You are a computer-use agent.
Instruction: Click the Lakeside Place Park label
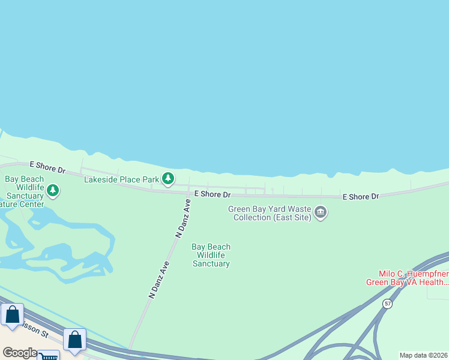[121, 179]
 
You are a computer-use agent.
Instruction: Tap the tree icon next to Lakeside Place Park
[169, 178]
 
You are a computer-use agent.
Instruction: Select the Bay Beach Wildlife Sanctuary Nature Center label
[24, 191]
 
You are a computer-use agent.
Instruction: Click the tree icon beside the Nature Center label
[53, 191]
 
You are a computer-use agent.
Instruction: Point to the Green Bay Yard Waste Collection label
[270, 213]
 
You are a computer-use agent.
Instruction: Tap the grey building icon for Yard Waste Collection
[321, 212]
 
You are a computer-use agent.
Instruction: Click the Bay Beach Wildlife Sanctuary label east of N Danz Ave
[211, 255]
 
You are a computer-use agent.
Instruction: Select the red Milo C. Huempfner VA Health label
[408, 278]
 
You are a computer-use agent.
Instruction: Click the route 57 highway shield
[388, 304]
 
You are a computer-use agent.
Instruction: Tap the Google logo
[20, 353]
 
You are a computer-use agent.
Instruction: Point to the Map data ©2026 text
[423, 355]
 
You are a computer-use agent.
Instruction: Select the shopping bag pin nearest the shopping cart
[74, 340]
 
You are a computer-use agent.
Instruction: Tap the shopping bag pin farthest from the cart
[13, 314]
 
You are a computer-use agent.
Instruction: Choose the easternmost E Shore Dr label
[361, 196]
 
